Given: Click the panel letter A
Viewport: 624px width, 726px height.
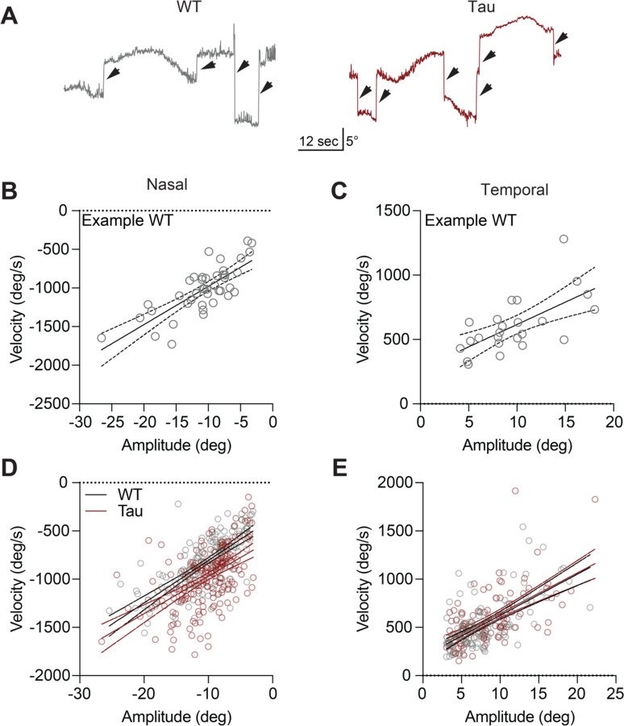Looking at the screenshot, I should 10,14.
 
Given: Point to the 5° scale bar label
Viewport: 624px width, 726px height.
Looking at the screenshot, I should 354,140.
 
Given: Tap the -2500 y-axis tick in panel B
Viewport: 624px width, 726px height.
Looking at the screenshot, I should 52,403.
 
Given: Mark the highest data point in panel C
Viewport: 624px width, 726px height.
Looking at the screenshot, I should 564,239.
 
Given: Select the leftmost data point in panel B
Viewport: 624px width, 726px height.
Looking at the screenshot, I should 102,338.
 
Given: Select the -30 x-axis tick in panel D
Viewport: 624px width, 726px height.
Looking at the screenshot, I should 79,693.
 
